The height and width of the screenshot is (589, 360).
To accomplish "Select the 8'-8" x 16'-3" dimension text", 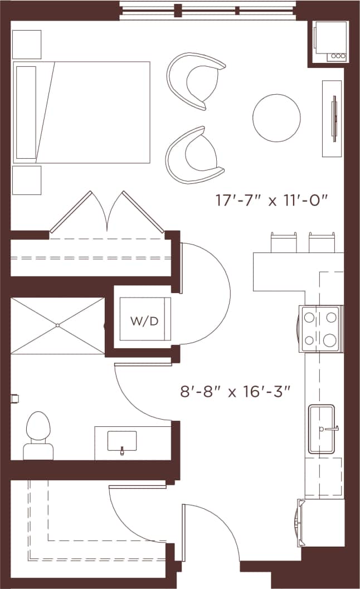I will (x=236, y=392).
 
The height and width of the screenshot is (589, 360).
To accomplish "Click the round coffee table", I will (x=276, y=118).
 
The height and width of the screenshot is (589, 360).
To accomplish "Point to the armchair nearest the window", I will (x=194, y=81).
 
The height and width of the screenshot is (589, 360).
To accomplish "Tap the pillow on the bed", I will (x=26, y=112).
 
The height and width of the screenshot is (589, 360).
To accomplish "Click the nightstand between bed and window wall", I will (x=27, y=45).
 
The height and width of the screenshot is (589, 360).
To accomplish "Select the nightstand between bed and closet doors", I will (x=27, y=180).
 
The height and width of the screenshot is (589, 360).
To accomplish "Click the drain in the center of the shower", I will (x=57, y=325).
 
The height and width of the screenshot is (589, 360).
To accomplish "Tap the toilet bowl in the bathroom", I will (x=38, y=426).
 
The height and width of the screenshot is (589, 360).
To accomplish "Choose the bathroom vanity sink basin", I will (x=121, y=441).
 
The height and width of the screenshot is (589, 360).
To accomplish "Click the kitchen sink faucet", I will (x=331, y=429).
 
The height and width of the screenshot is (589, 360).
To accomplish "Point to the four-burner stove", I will (x=320, y=329).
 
